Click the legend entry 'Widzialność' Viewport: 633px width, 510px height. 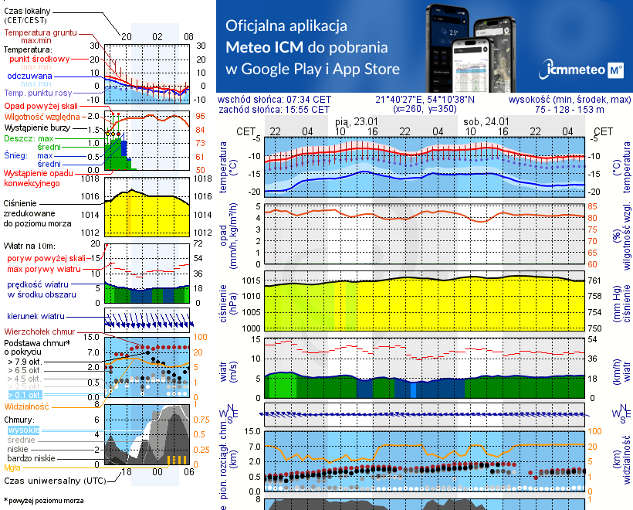(x=27, y=405)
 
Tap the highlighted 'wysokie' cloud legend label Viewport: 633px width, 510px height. (x=22, y=430)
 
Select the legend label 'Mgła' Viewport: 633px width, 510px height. (x=12, y=467)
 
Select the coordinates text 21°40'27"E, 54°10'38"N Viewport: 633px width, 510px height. (x=425, y=100)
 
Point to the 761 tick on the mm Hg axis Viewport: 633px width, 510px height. (x=596, y=280)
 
